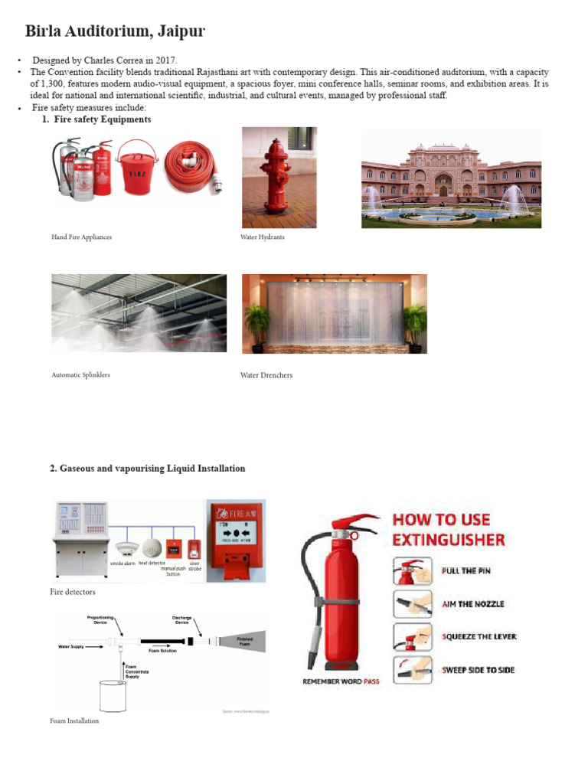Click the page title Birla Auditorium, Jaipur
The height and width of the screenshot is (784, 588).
tap(115, 31)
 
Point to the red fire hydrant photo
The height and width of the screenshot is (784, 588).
tap(279, 178)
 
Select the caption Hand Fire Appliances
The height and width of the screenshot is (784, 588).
tap(81, 237)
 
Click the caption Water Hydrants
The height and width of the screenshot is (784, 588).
tap(262, 237)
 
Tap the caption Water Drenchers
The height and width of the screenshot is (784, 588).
tap(266, 375)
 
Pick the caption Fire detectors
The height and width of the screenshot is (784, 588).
tap(73, 592)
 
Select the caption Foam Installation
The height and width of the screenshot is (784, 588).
tap(74, 720)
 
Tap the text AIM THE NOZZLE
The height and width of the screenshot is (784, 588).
tap(473, 604)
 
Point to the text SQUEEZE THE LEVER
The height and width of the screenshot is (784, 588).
tap(479, 637)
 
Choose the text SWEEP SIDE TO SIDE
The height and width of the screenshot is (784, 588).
tap(479, 670)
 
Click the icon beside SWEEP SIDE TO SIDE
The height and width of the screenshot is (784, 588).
tap(413, 670)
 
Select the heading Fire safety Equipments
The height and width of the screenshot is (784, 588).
tap(103, 119)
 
